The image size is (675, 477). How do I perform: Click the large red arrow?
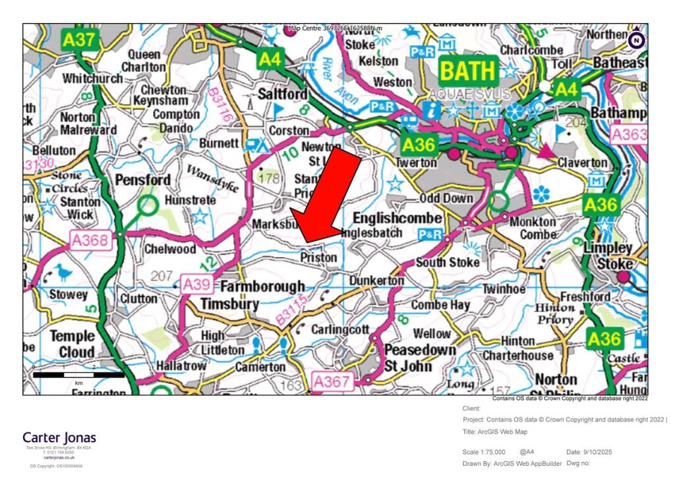[326, 198]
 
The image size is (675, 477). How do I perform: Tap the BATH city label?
[467, 70]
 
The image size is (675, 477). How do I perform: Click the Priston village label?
[318, 258]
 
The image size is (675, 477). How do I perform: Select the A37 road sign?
[80, 40]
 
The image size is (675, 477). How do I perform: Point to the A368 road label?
[89, 240]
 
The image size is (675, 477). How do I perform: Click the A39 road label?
[197, 285]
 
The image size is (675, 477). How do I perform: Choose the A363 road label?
[629, 135]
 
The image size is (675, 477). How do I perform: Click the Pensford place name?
[142, 180]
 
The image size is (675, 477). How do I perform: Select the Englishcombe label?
[397, 218]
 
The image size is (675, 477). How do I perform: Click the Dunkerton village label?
[376, 281]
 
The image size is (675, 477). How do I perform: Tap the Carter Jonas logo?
[59, 437]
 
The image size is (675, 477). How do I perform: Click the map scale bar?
[78, 375]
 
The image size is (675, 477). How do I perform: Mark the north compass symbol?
[636, 40]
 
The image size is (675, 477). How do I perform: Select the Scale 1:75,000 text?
[484, 452]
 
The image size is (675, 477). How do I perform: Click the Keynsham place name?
[160, 101]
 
